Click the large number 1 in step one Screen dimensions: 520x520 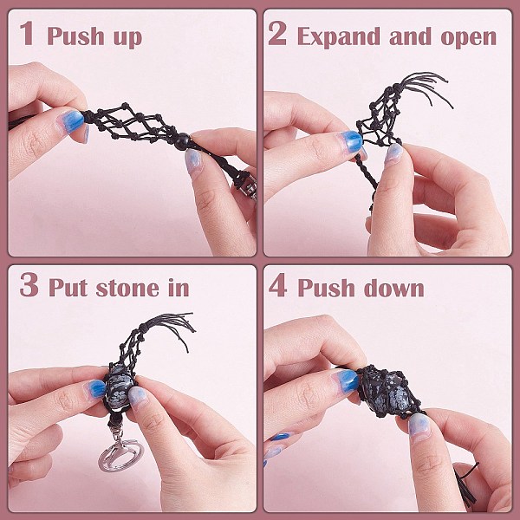point(27,33)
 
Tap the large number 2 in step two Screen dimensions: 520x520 point(277,33)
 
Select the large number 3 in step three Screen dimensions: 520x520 point(29,285)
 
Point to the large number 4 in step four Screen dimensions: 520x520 point(278,285)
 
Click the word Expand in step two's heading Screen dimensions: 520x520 point(339,37)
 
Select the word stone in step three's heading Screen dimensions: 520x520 point(127,289)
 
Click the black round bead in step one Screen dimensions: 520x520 point(182,141)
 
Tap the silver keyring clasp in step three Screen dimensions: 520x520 point(120,452)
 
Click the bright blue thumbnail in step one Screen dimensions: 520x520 point(71,121)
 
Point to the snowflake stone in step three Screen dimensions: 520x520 point(119,386)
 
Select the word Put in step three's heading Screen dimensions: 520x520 point(68,287)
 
